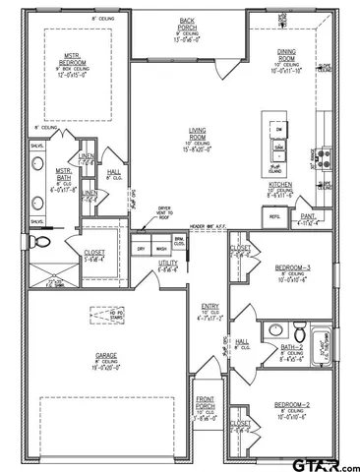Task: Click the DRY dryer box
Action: [142, 250]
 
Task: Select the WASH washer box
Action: [160, 250]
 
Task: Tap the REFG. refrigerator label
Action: [275, 217]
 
